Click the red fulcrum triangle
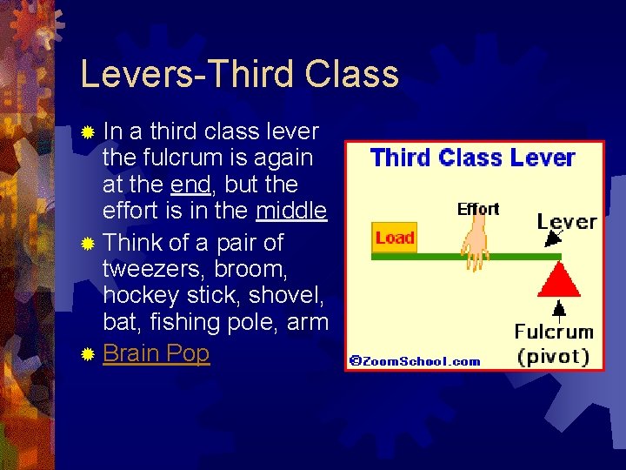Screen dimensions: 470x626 tap(560, 280)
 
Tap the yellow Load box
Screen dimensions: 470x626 tap(395, 238)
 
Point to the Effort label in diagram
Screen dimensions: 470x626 tap(478, 209)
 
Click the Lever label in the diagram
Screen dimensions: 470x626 tap(567, 220)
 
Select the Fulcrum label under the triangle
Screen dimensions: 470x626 tap(554, 332)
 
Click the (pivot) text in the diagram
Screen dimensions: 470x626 tap(554, 356)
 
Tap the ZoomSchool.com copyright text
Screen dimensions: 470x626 tap(416, 361)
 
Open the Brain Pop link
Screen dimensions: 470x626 tap(156, 354)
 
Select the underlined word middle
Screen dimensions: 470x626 tap(291, 211)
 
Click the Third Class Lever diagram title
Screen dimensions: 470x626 tap(472, 158)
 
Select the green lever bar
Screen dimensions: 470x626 tap(435, 257)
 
